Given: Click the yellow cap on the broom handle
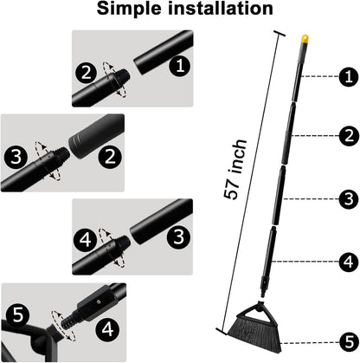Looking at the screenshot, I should tap(304, 39).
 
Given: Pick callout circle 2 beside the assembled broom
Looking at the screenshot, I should tap(347, 135).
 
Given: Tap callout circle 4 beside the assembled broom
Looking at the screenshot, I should tap(347, 259).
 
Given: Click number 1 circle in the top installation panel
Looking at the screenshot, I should tap(178, 64).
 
